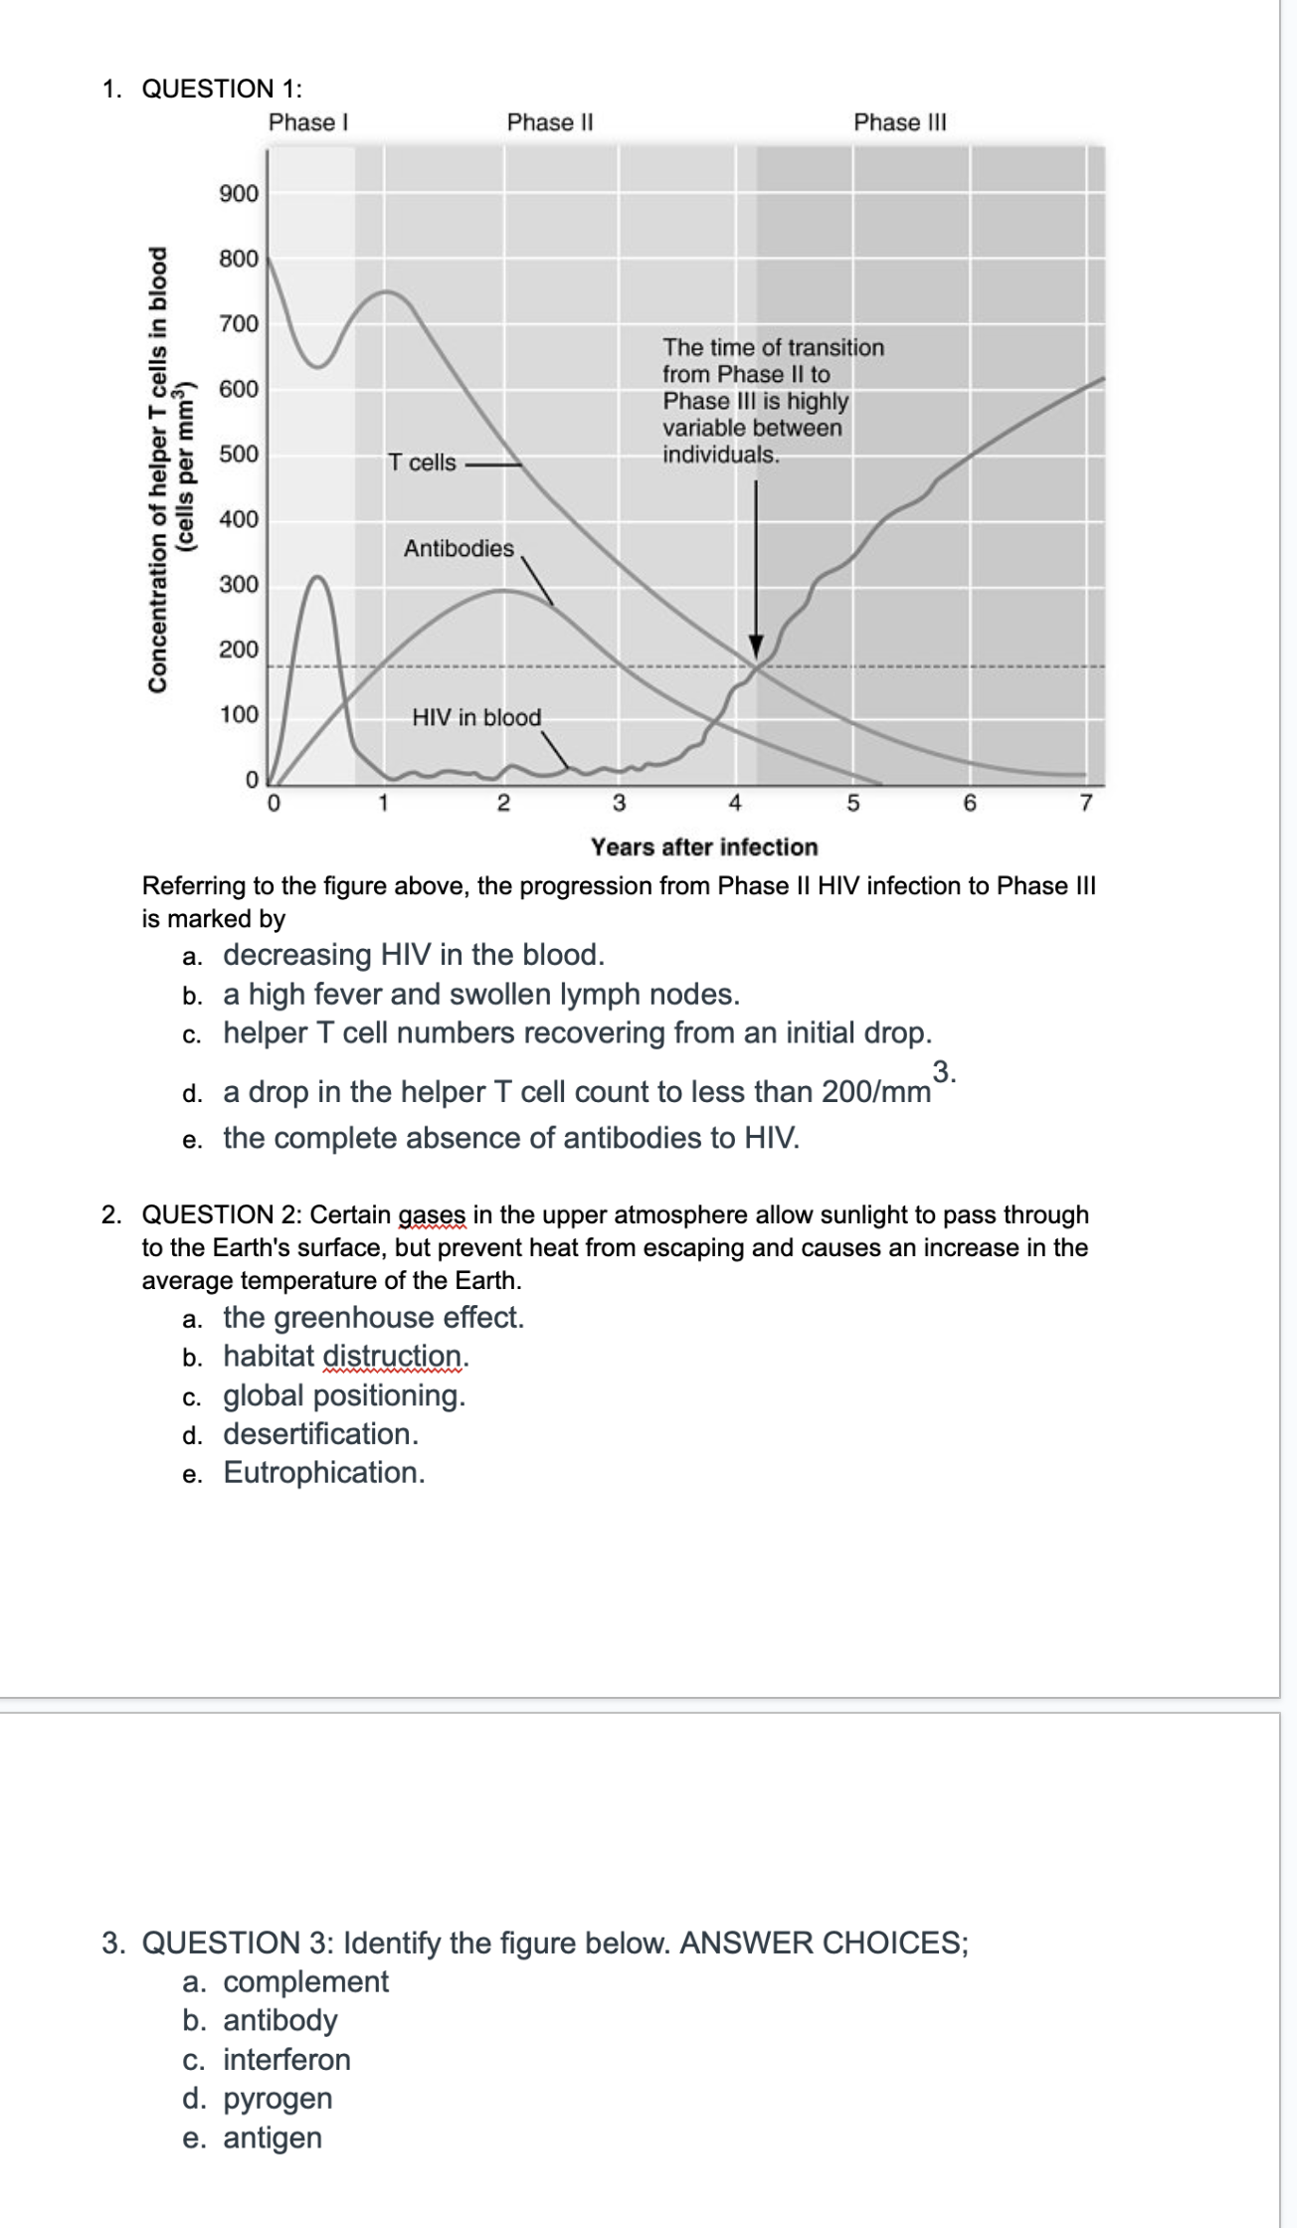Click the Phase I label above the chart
(x=308, y=122)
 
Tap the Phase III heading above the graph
(x=900, y=122)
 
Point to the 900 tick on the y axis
(x=239, y=193)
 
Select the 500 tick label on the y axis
(x=239, y=455)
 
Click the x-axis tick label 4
(x=735, y=803)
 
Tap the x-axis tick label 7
(x=1086, y=803)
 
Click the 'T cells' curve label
(x=422, y=463)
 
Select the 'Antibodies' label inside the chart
(x=459, y=548)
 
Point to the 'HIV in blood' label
(x=476, y=717)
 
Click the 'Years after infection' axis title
(x=704, y=847)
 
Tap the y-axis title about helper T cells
(x=169, y=467)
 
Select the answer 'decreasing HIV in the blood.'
(x=413, y=955)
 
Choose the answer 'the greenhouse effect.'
(x=373, y=1318)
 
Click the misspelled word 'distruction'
(x=392, y=1357)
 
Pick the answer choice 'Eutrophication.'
(x=324, y=1473)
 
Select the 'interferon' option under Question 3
(x=286, y=2060)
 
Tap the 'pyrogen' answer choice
(x=278, y=2099)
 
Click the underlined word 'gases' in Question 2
(x=432, y=1215)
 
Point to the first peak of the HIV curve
(x=318, y=577)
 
